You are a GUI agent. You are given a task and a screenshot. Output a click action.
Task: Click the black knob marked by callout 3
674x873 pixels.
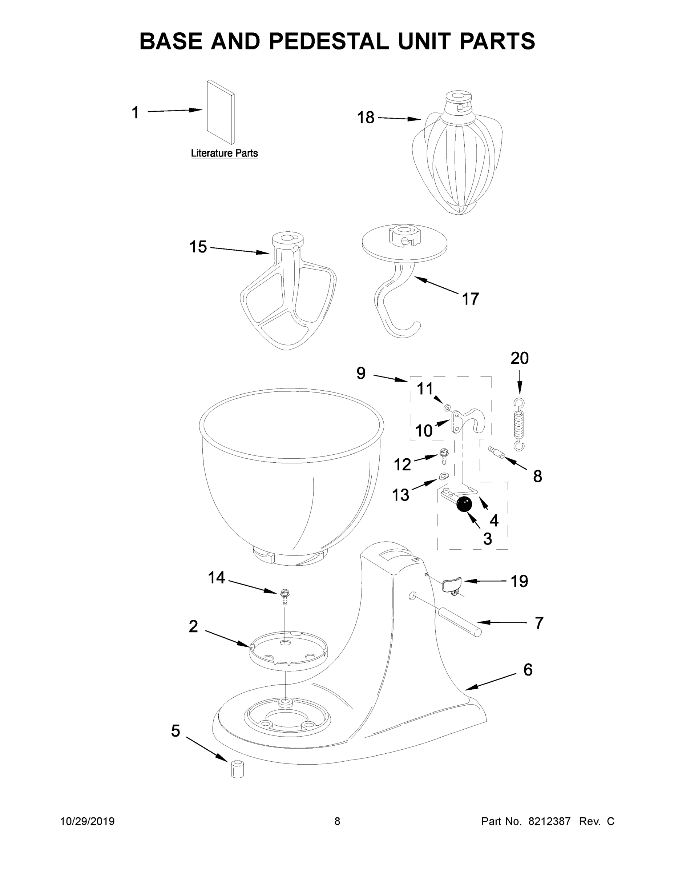coord(464,504)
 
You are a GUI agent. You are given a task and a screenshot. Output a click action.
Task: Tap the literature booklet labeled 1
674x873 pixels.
coord(221,112)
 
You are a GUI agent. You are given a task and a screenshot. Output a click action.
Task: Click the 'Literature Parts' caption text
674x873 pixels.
coord(224,153)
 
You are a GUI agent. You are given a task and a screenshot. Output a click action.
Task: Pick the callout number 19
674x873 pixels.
coord(520,581)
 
